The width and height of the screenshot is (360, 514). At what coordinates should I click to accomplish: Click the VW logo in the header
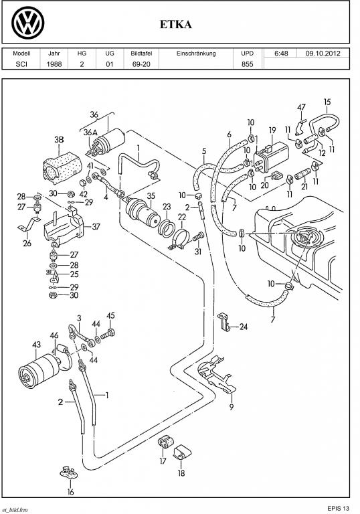pos(28,23)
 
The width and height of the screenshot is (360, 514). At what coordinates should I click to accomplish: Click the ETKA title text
pos(176,25)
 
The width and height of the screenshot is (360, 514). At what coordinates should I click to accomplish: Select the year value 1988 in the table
pos(54,64)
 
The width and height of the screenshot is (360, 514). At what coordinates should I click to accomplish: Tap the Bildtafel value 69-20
pos(141,64)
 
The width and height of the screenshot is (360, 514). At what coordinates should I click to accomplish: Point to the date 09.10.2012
pos(323,54)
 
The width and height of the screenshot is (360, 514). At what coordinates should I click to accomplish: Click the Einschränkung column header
pos(196,53)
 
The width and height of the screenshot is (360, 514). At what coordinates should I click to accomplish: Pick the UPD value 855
pos(247,64)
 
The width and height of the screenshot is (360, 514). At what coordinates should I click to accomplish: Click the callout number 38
pos(59,140)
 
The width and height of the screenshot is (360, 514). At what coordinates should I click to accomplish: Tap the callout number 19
pos(272,131)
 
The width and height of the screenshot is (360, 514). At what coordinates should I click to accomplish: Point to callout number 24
pos(244,327)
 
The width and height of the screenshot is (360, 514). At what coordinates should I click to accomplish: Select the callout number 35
pos(151,196)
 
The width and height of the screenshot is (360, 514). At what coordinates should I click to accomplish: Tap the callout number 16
pos(71,492)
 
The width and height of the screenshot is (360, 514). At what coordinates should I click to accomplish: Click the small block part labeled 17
pos(164,442)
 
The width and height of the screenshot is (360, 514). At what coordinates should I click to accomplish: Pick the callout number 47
pos(301,107)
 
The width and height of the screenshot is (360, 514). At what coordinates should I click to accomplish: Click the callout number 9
pos(232,407)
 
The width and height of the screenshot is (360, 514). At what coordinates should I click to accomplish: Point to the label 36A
pos(90,133)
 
